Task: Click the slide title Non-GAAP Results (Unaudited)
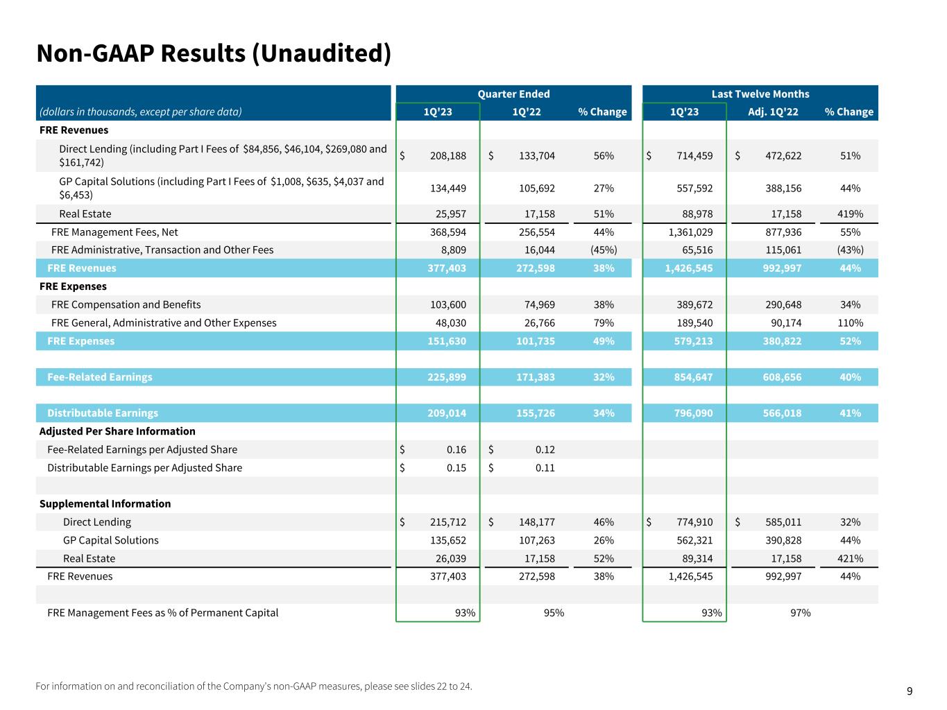click(x=214, y=53)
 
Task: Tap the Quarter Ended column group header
click(x=513, y=94)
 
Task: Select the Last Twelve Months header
click(x=760, y=94)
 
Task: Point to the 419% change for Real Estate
click(x=850, y=214)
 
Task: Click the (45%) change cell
click(x=603, y=250)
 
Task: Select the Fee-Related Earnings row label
click(x=100, y=377)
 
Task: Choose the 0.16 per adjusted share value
click(x=457, y=450)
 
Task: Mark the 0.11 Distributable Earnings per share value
click(x=545, y=468)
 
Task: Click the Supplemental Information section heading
click(x=105, y=504)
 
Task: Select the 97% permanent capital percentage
click(x=800, y=613)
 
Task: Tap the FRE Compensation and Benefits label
click(x=126, y=305)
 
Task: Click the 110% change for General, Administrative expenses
click(x=850, y=323)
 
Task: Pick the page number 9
click(x=910, y=691)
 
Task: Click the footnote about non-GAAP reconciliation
click(x=253, y=686)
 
